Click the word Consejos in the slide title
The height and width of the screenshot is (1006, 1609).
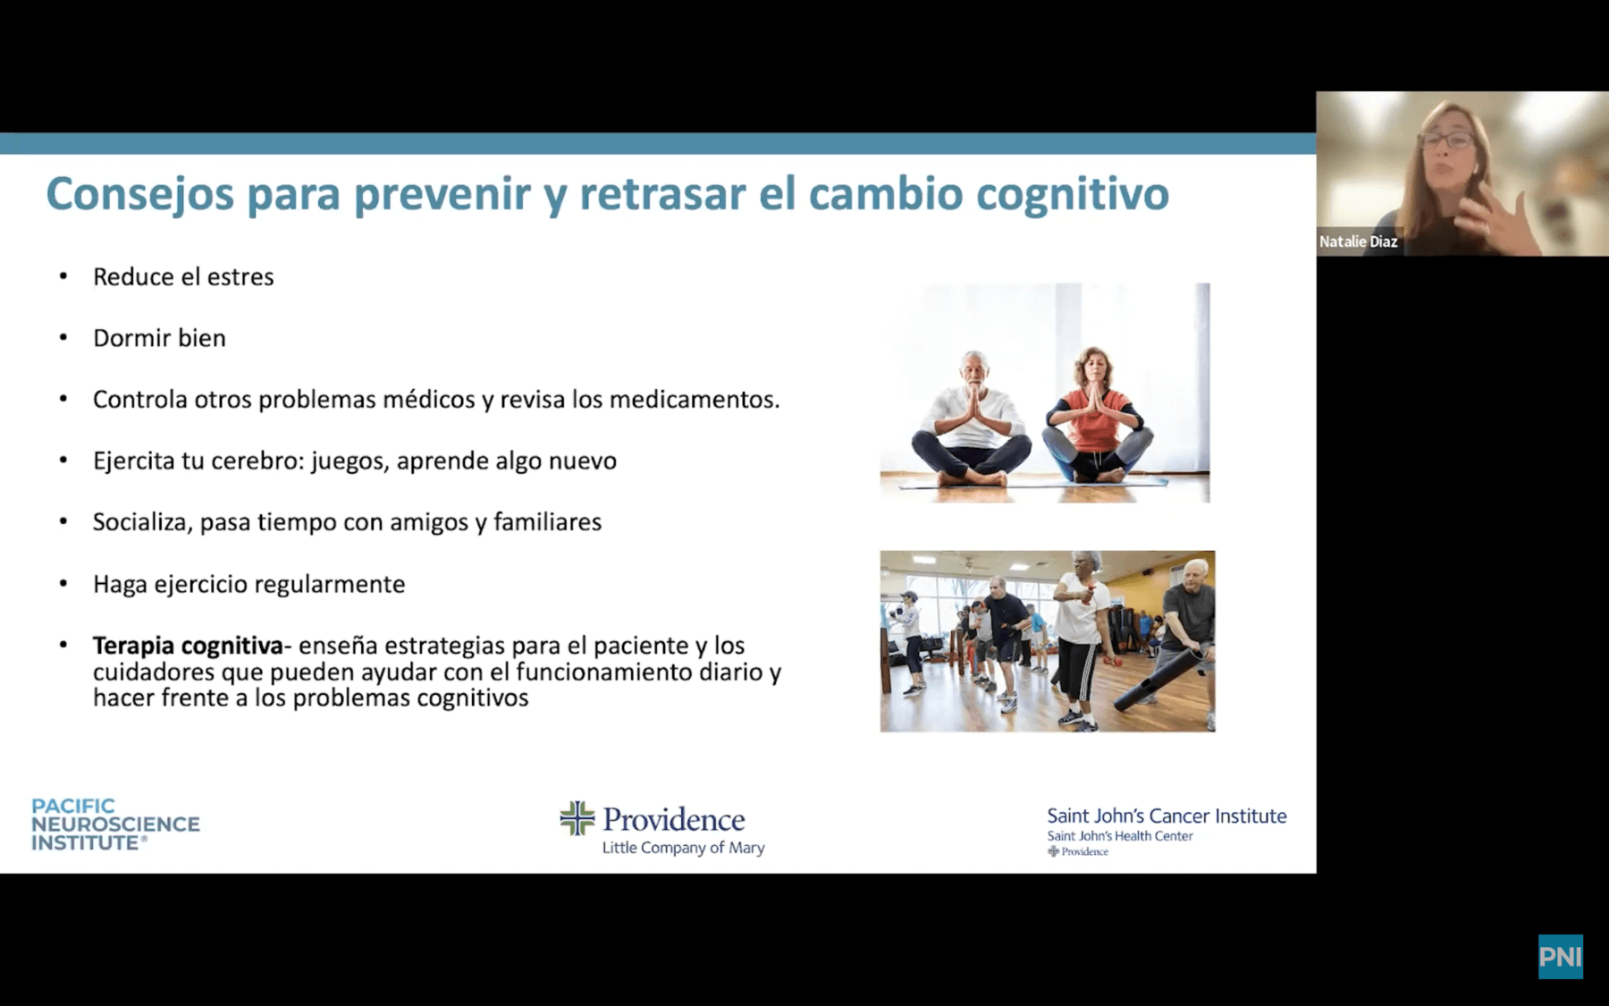139,194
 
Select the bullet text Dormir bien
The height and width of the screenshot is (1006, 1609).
159,338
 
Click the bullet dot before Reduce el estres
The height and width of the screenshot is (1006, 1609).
63,276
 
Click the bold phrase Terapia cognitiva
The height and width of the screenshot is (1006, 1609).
188,645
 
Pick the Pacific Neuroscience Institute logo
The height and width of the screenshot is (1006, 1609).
115,824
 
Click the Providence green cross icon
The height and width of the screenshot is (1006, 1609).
577,818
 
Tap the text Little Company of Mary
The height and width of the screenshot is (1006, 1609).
683,848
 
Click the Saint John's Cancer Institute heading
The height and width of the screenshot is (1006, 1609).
1167,816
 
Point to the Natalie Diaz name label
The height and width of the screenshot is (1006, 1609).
1359,241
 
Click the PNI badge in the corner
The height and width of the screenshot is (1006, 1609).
1561,957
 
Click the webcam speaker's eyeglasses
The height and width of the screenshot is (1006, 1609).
1446,140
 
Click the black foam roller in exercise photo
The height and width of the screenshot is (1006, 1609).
1159,680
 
